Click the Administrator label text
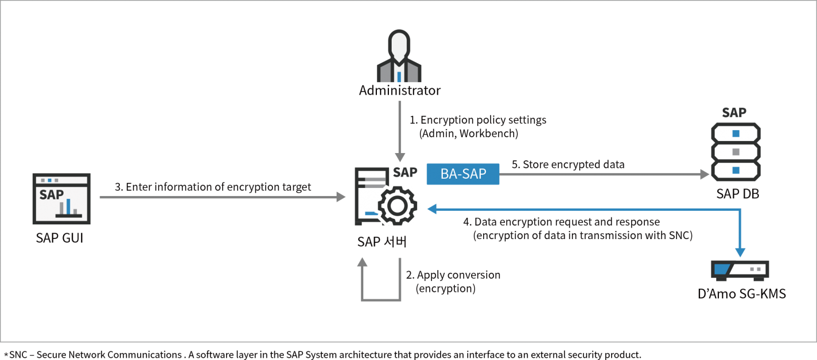[399, 90]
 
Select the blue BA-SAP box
[462, 175]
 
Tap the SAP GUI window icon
[62, 198]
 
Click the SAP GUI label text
[60, 238]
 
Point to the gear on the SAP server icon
[399, 206]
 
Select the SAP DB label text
[735, 194]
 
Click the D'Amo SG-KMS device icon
[739, 270]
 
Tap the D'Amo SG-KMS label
[741, 294]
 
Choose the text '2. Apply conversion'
[453, 275]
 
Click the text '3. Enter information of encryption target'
[212, 187]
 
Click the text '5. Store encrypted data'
[568, 164]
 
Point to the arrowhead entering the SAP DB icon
[705, 174]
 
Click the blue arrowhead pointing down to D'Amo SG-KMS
[739, 252]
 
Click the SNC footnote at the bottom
[321, 355]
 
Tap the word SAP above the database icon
[734, 113]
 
